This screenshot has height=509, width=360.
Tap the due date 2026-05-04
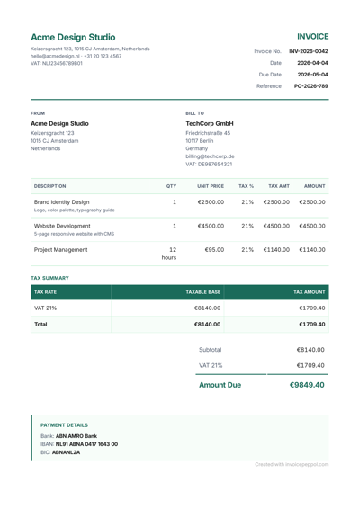(312, 75)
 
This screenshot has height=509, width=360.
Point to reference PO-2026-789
(310, 86)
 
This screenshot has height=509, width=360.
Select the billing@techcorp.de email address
(210, 156)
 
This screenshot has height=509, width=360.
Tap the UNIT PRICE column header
(211, 185)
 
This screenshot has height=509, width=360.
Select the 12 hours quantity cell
(169, 253)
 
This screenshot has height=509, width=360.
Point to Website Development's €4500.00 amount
(311, 227)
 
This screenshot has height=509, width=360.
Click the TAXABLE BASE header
(202, 291)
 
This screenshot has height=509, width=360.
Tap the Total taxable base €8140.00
(208, 324)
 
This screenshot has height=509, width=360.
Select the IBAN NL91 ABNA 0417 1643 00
(86, 443)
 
